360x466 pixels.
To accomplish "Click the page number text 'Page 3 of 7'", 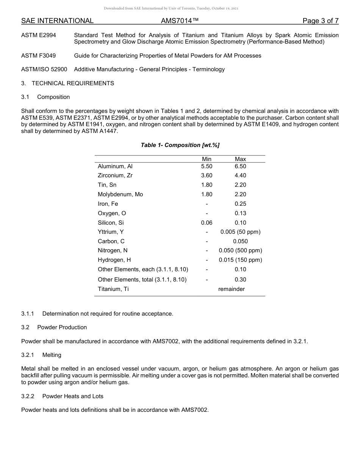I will tap(320, 21).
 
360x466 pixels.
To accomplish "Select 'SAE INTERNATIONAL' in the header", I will tap(57, 21).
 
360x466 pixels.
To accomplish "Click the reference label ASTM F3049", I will tap(38, 56).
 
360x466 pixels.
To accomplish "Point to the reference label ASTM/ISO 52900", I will tap(44, 69).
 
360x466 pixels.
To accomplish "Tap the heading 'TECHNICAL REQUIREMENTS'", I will tap(73, 83).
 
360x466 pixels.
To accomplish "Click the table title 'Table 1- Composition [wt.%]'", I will tap(180, 145).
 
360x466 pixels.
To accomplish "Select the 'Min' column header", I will tap(207, 159).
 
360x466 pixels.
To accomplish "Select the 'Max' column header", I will tap(240, 159).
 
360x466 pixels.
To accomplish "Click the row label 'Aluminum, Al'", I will tap(115, 166).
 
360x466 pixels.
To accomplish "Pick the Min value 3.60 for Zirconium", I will tap(207, 175).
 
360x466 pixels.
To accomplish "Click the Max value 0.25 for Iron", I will tap(240, 204).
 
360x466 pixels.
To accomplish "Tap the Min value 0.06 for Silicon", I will tap(207, 223).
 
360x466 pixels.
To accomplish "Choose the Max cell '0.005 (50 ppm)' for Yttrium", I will tap(240, 232).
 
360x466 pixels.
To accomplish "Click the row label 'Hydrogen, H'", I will tap(114, 260).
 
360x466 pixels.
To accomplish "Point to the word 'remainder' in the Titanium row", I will tap(232, 289).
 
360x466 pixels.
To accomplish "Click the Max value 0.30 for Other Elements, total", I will tap(240, 280).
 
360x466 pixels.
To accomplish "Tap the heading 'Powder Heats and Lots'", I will tap(73, 396).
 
